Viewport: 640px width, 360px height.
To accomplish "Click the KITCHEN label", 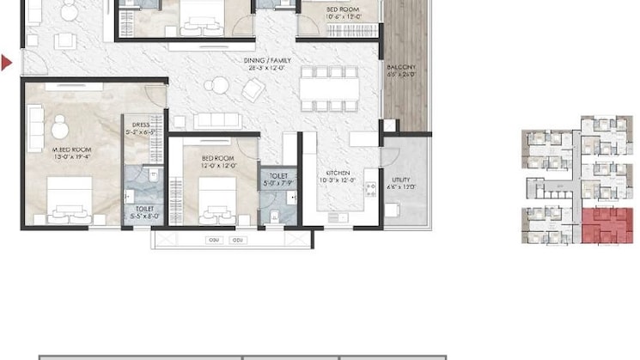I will [x=337, y=175].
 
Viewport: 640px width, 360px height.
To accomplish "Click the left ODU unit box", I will [x=214, y=240].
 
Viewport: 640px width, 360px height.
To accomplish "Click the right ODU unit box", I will [x=238, y=240].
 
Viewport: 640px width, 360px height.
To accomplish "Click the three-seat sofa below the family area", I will [x=218, y=119].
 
